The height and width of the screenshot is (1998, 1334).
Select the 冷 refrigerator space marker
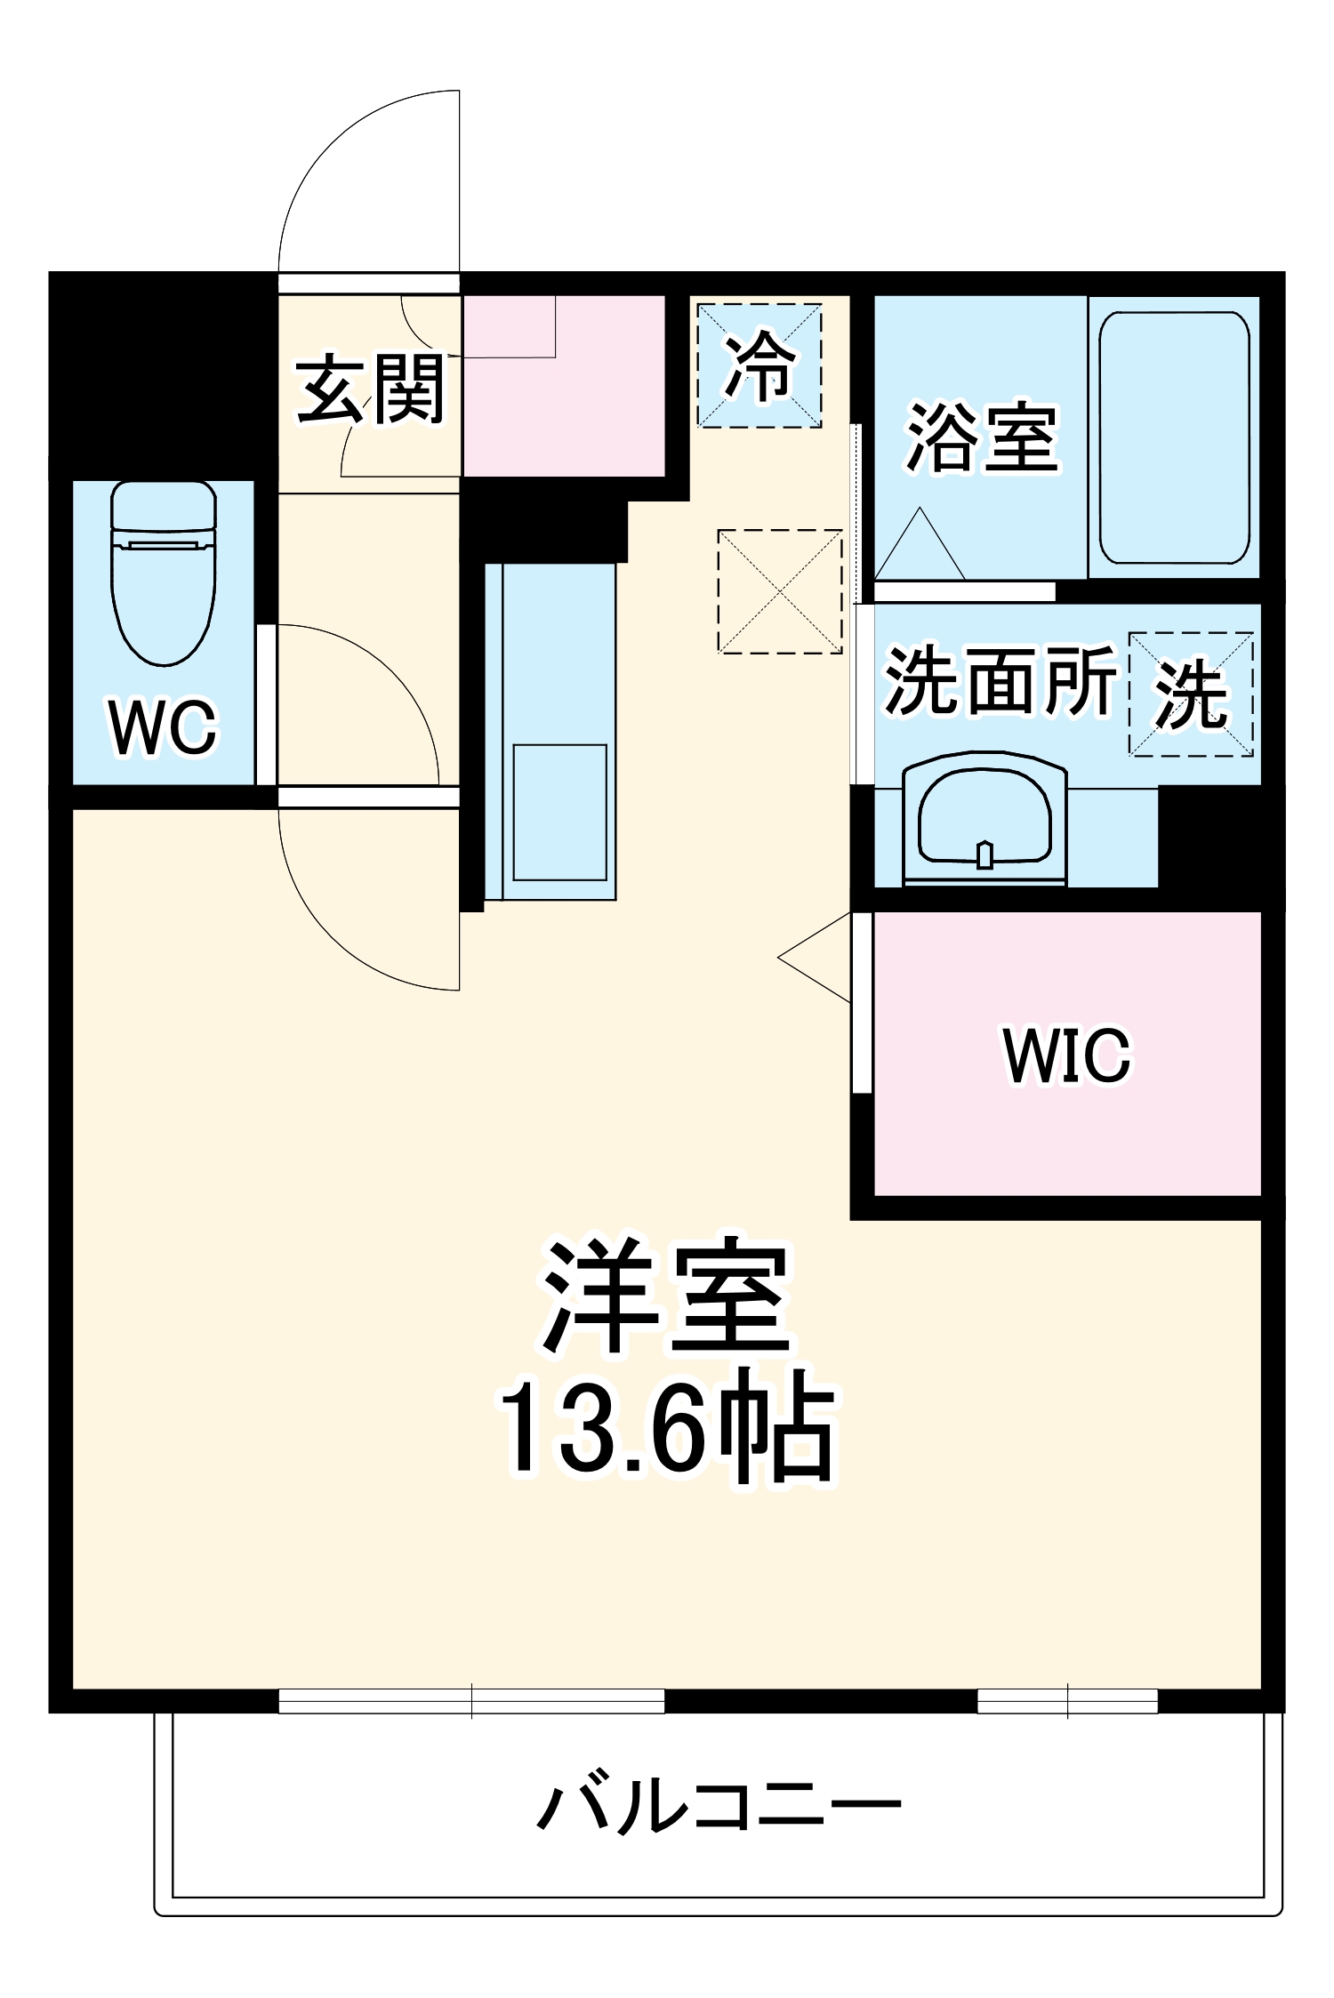(x=759, y=365)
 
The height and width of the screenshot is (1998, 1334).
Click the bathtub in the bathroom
(x=1174, y=437)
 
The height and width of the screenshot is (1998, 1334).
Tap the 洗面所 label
(x=1000, y=681)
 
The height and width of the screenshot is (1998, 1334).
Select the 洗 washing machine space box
(x=1191, y=694)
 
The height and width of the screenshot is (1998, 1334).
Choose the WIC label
(x=1066, y=1055)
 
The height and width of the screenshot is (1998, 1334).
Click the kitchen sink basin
(x=559, y=812)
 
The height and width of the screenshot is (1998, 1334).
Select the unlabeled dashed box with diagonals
(x=780, y=591)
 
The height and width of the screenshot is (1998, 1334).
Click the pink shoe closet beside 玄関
(x=564, y=386)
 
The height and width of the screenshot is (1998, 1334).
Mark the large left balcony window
(x=471, y=1701)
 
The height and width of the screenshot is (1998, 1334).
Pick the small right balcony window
(x=1067, y=1701)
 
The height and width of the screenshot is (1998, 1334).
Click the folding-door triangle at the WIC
(x=814, y=958)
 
